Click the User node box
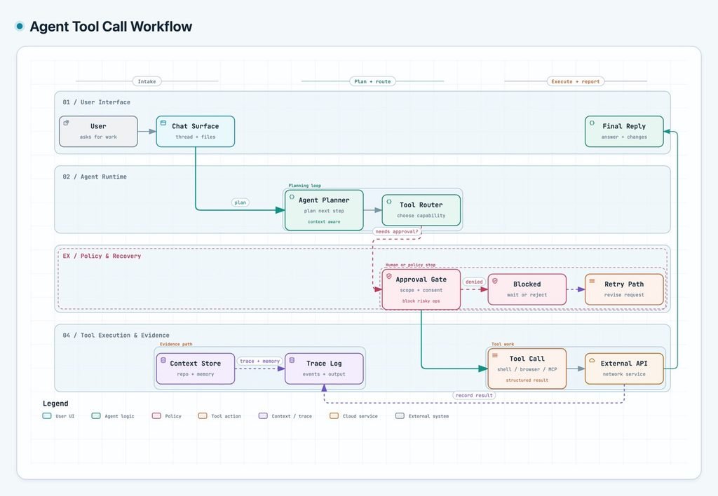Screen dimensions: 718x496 coord(98,131)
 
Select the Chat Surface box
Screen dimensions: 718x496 coord(196,131)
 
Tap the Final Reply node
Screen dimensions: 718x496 coord(624,131)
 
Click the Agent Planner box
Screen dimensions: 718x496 coord(324,210)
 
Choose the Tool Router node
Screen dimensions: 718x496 coord(421,210)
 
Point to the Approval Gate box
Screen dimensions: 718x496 coord(421,289)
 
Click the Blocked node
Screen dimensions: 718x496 coord(527,289)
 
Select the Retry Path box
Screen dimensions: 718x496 coord(624,289)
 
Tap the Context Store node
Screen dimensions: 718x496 coord(196,368)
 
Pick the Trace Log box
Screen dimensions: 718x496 coord(324,368)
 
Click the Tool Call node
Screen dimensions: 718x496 coord(527,368)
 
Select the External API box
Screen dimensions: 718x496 coord(624,368)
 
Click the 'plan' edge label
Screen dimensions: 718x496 coord(241,202)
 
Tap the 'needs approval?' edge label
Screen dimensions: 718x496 coord(397,231)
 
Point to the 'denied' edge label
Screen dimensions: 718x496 coord(474,282)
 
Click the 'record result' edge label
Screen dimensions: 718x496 coord(474,395)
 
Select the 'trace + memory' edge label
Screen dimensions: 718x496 coord(259,361)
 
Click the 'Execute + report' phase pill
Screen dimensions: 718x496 coord(576,81)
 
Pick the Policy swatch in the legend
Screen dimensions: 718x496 coord(156,416)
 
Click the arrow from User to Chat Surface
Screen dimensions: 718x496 coord(147,131)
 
